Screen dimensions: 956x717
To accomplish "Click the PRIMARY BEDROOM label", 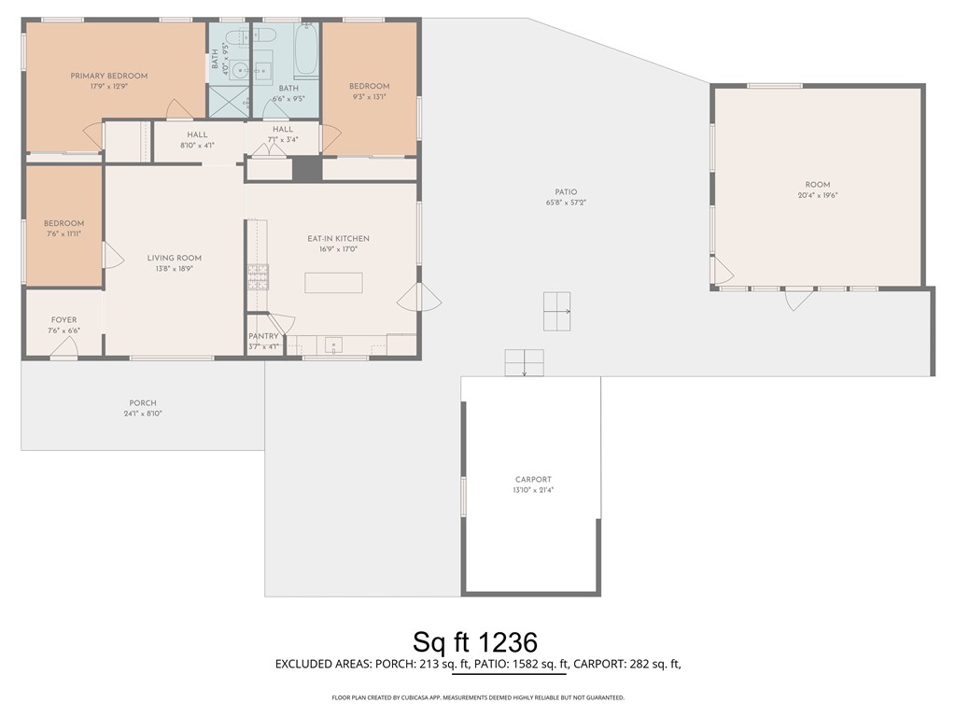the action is [x=109, y=77].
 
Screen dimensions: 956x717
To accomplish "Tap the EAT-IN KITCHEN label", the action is [x=338, y=238].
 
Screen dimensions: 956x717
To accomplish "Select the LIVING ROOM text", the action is [x=175, y=258].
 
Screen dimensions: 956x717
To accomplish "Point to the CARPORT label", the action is [x=533, y=479].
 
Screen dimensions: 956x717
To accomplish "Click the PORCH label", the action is [x=143, y=403].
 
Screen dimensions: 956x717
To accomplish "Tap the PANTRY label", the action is [x=263, y=336].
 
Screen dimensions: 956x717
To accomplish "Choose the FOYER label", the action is [x=64, y=319].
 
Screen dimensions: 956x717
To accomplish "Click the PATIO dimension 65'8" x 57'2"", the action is [x=567, y=203].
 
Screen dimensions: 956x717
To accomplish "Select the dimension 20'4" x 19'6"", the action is [x=818, y=195].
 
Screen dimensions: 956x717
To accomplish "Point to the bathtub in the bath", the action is [x=306, y=49].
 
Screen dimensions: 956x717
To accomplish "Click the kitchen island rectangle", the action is [x=334, y=283].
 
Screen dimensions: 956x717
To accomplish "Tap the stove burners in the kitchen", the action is [x=258, y=276].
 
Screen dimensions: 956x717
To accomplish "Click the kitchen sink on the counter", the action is [x=333, y=345].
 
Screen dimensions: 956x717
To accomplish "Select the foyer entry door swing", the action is [x=63, y=347].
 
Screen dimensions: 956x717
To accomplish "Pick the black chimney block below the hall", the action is [x=306, y=169].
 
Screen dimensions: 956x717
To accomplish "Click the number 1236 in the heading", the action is [x=507, y=642].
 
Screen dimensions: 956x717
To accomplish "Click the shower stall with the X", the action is [x=230, y=101].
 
